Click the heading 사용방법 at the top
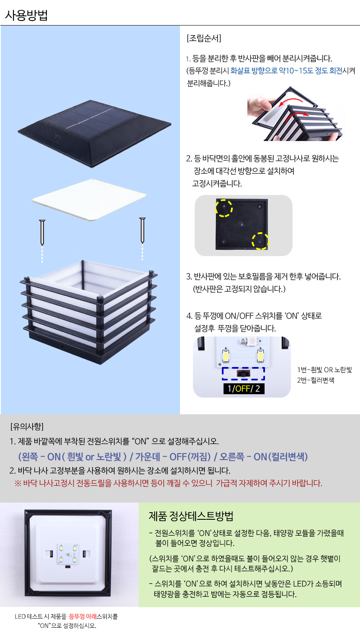tap(26, 15)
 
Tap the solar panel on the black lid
tap(92, 116)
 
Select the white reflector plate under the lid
tap(89, 200)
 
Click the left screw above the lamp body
tap(42, 232)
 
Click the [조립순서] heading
tap(204, 38)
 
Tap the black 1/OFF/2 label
tap(244, 388)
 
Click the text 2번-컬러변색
tap(315, 380)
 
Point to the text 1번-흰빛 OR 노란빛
tap(324, 370)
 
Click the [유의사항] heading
tap(27, 426)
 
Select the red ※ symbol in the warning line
tap(18, 483)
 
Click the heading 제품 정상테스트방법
tap(191, 516)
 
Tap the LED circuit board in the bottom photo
tap(68, 554)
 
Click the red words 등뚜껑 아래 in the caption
tap(82, 616)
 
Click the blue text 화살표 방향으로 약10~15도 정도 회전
tap(286, 70)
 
